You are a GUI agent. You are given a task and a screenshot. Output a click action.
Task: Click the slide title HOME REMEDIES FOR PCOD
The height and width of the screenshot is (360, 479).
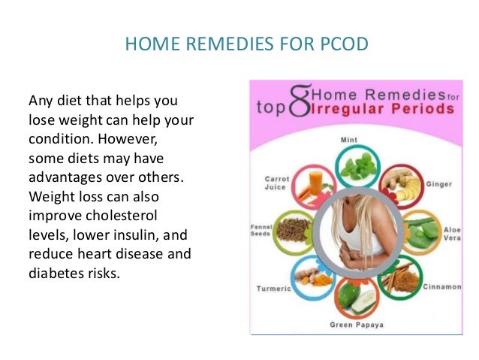tap(246, 45)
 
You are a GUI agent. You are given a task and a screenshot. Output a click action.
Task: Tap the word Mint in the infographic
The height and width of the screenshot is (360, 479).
tap(348, 139)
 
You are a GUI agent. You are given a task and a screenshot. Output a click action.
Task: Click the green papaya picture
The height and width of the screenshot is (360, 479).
tap(352, 298)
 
